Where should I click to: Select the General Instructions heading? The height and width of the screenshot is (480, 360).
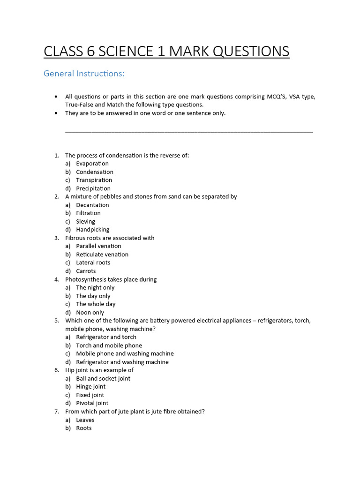(x=84, y=74)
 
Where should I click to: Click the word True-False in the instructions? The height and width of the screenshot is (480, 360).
(x=81, y=105)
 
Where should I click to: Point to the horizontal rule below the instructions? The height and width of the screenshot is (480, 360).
(x=189, y=133)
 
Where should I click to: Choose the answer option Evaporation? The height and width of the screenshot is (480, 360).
(x=92, y=164)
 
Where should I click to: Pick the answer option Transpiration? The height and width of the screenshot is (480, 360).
(x=94, y=180)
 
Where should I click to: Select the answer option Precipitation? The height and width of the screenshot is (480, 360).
(x=93, y=188)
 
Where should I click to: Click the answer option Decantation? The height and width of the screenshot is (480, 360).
(x=92, y=205)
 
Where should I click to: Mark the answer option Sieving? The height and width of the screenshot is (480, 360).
(x=85, y=221)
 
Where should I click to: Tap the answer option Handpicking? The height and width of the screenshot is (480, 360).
(x=93, y=230)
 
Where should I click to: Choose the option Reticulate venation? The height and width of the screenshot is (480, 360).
(x=102, y=255)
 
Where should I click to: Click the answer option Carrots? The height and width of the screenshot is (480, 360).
(x=86, y=271)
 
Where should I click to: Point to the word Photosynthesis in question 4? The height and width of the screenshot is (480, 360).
(x=86, y=279)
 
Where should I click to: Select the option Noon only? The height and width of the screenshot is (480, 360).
(x=90, y=313)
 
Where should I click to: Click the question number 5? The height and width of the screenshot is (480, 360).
(x=56, y=321)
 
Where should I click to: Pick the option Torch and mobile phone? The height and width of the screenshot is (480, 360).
(x=109, y=345)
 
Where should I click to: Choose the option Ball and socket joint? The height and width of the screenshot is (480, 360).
(x=103, y=378)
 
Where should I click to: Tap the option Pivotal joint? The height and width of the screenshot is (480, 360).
(x=92, y=403)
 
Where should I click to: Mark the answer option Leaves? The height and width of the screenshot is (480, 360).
(x=85, y=420)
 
